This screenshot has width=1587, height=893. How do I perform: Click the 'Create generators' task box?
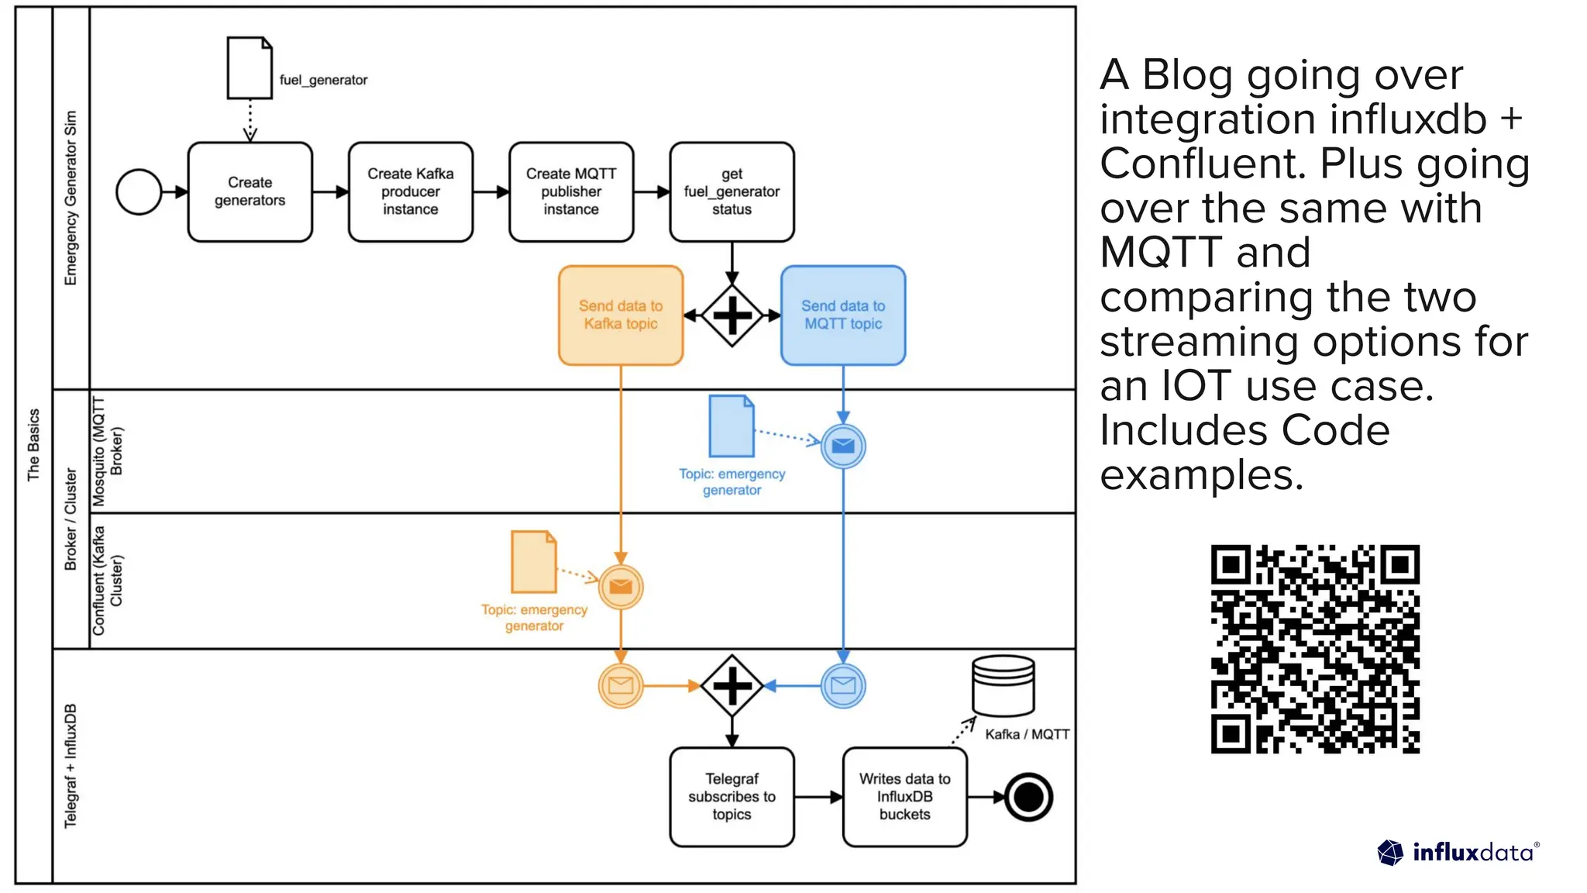pos(250,191)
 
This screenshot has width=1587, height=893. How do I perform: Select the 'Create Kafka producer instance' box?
pos(410,191)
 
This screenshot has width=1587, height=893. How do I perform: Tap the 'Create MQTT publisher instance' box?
pos(571,191)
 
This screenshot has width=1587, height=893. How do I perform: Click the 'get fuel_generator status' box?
pos(732,191)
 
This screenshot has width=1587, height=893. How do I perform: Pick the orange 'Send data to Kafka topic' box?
pos(620,315)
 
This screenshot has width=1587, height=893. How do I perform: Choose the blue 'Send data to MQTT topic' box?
pos(843,315)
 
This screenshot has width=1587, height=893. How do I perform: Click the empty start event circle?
pos(139,191)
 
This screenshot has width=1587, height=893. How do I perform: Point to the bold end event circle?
pos(1028,797)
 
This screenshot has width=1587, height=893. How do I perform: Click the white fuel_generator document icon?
pos(249,68)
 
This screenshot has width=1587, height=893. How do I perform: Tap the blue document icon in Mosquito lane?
pos(731,426)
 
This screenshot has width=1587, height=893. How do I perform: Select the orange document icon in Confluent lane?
pos(533,561)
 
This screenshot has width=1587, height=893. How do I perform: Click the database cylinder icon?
pos(1003,685)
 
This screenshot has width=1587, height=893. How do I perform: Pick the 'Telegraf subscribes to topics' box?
pos(732,797)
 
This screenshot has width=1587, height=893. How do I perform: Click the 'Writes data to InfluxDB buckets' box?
pos(904,797)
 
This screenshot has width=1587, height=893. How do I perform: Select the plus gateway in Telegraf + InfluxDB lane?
pos(732,686)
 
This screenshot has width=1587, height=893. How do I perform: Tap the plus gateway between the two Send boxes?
pos(732,315)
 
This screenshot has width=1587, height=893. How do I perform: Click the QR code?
pos(1315,649)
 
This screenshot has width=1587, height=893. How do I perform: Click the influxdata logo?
pos(1458,853)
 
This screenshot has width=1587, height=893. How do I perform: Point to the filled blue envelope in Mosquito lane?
pos(843,446)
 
